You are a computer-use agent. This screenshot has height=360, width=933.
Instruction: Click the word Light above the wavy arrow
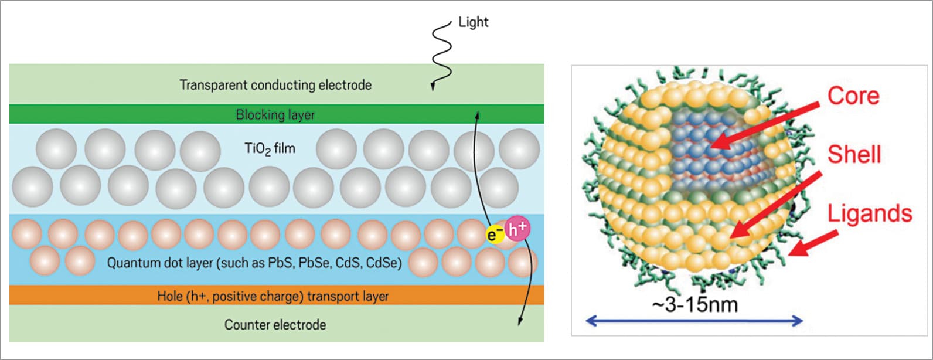(x=473, y=22)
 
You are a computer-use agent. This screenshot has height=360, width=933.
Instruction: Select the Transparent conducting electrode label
(x=275, y=85)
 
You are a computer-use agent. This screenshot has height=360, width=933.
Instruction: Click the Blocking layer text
(x=275, y=114)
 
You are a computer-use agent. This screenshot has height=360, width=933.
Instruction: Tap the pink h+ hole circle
(x=517, y=229)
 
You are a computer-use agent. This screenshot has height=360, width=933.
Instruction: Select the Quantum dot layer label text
(x=254, y=263)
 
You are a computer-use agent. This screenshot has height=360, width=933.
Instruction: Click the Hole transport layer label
(x=273, y=296)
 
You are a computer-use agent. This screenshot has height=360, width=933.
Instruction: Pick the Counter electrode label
(x=275, y=324)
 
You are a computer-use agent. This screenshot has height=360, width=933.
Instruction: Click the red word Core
(x=853, y=96)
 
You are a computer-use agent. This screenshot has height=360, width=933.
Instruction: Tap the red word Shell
(x=854, y=154)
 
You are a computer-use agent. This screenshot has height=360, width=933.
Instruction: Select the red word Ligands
(x=870, y=213)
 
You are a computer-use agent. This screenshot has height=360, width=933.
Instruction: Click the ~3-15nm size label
(x=694, y=304)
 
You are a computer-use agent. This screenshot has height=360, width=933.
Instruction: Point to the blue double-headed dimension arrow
(x=694, y=320)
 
